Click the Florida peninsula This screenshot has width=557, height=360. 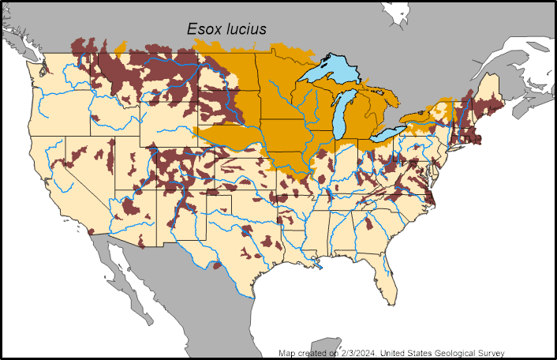[387, 272]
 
